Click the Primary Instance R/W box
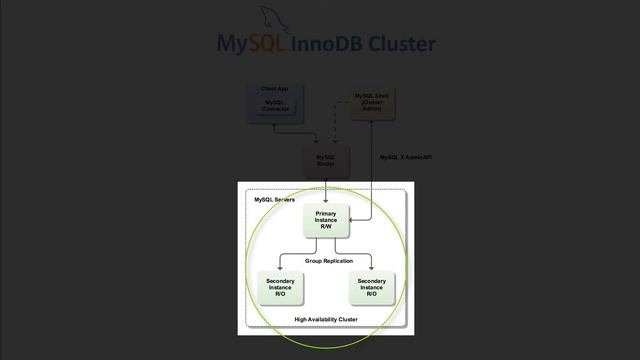[x=326, y=220]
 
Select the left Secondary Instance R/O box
[x=280, y=288]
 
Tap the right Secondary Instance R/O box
[x=371, y=288]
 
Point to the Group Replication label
[x=329, y=261]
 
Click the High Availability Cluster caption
[x=326, y=319]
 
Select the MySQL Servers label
[x=274, y=200]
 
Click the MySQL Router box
[x=326, y=160]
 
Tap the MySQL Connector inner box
[x=274, y=105]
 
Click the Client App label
[x=274, y=89]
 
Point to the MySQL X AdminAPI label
[x=406, y=157]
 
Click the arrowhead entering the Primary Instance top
[x=326, y=200]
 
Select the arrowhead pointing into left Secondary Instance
[x=280, y=268]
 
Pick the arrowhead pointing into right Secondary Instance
[x=371, y=268]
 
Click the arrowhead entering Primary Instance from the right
[x=350, y=220]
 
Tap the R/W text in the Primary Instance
[x=326, y=227]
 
